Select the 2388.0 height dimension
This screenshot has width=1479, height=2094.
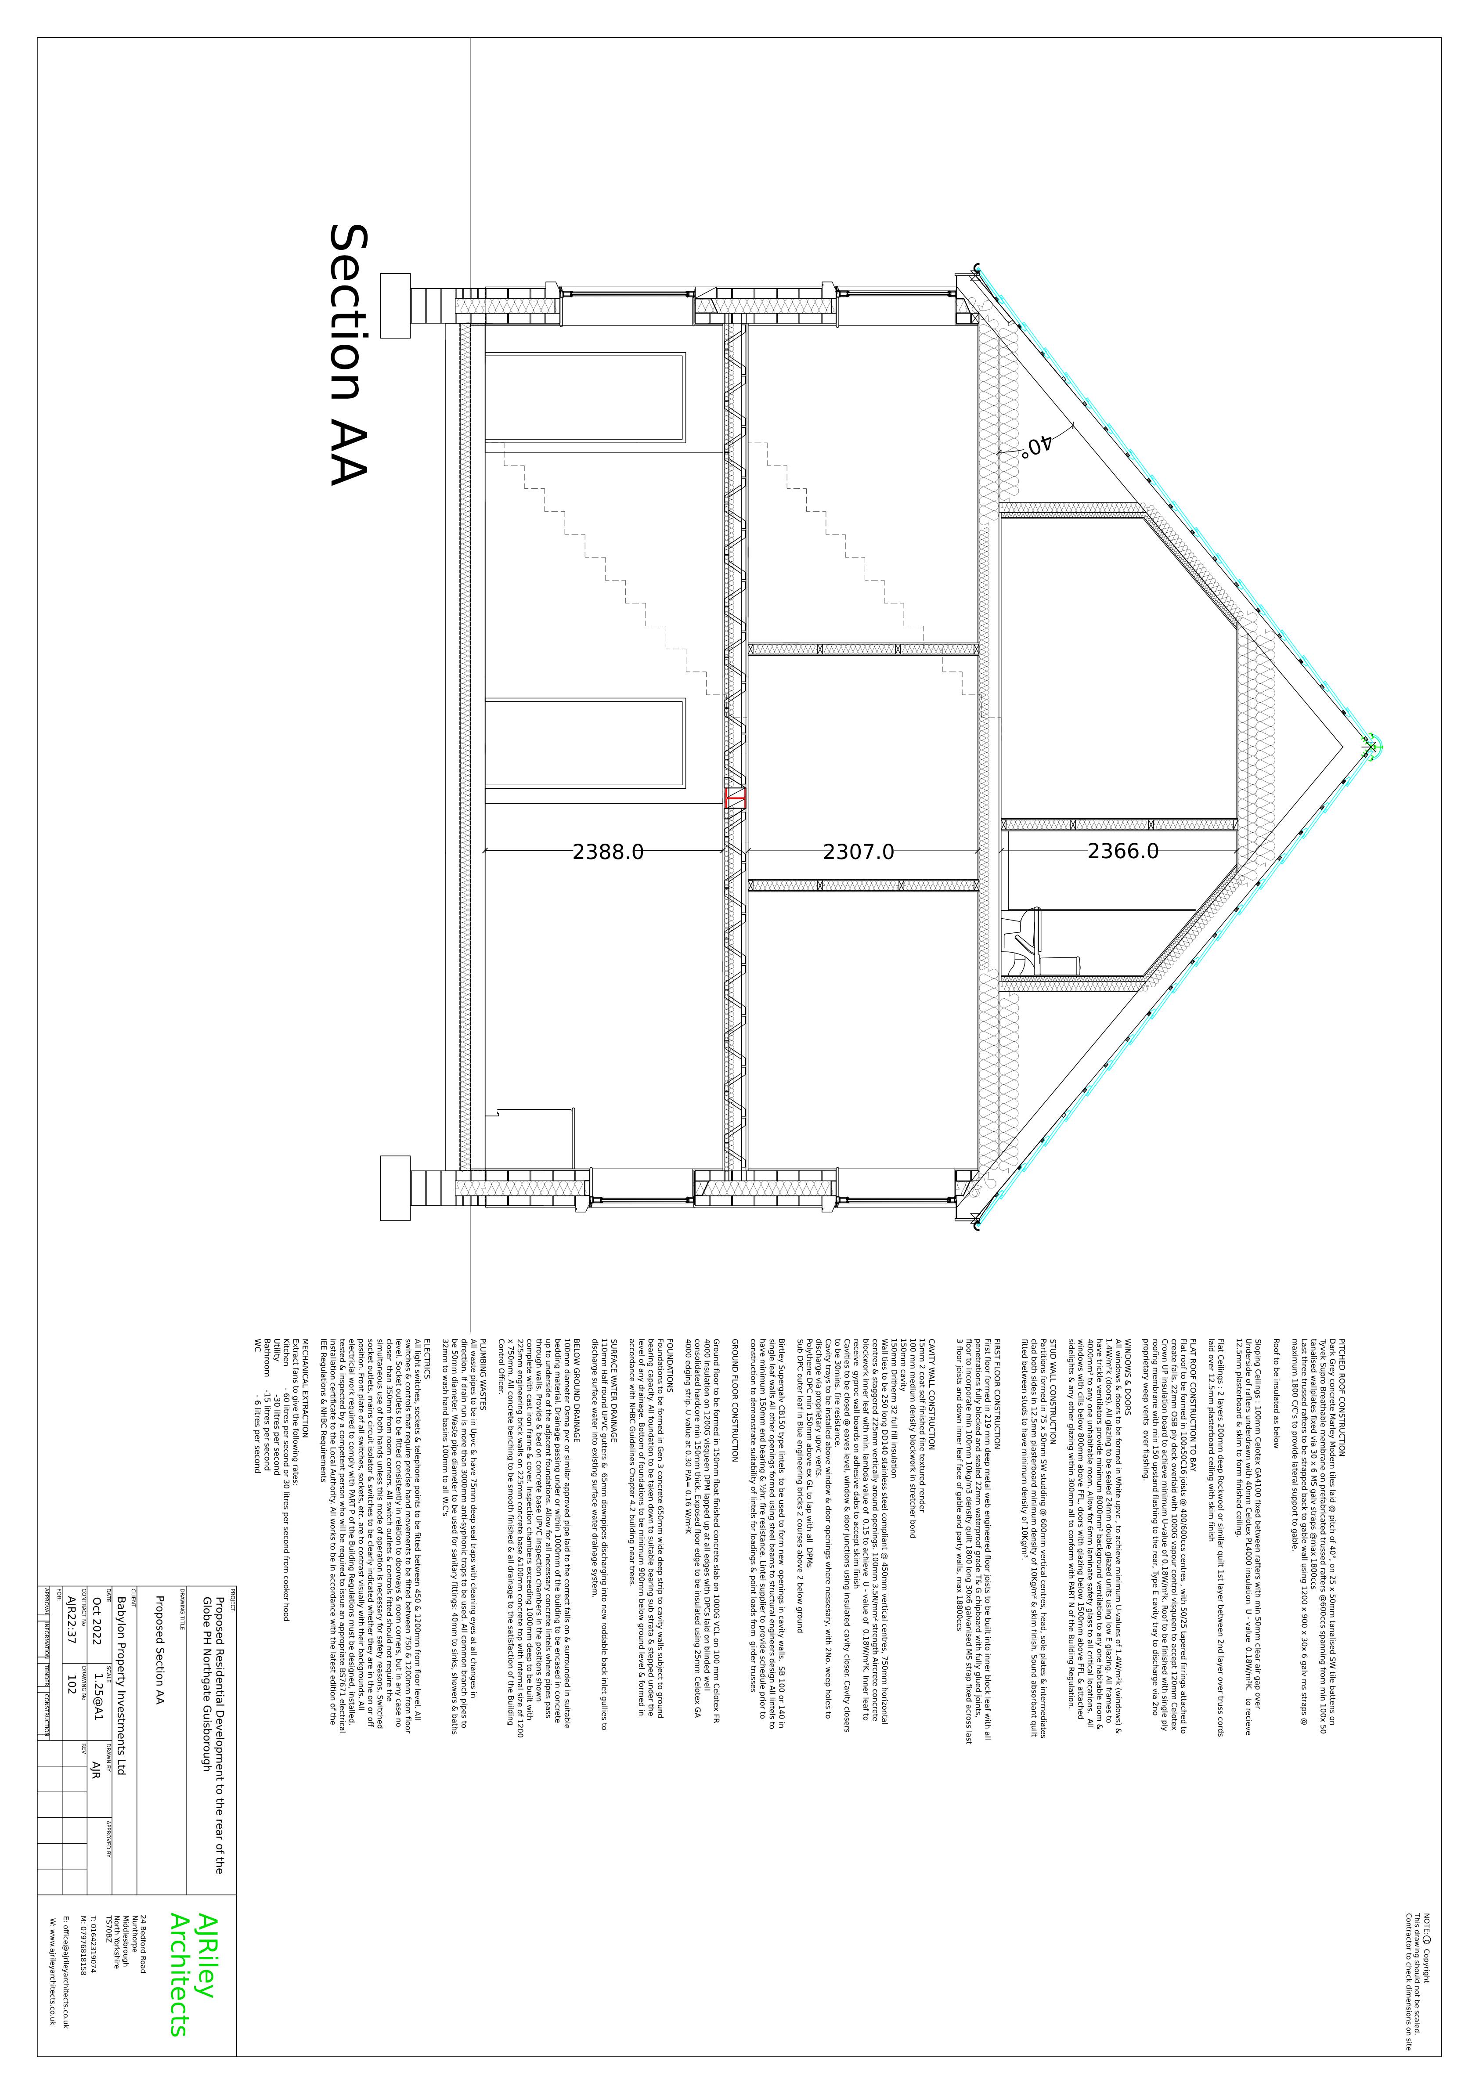[608, 852]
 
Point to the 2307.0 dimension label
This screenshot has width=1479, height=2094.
[858, 852]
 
